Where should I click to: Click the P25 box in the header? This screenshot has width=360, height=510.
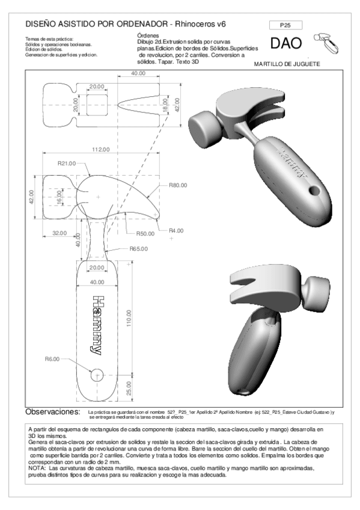tap(286, 25)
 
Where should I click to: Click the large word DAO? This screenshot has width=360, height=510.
tap(287, 44)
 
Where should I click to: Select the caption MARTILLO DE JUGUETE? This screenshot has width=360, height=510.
tap(287, 64)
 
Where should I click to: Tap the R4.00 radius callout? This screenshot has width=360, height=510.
tap(176, 230)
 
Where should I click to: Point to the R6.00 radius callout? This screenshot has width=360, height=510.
tap(53, 359)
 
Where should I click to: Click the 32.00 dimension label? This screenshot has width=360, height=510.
tap(59, 233)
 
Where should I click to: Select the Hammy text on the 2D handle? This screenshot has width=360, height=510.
tap(96, 324)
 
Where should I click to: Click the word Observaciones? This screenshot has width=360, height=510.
tap(53, 412)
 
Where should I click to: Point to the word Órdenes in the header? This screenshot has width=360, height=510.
tap(148, 35)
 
